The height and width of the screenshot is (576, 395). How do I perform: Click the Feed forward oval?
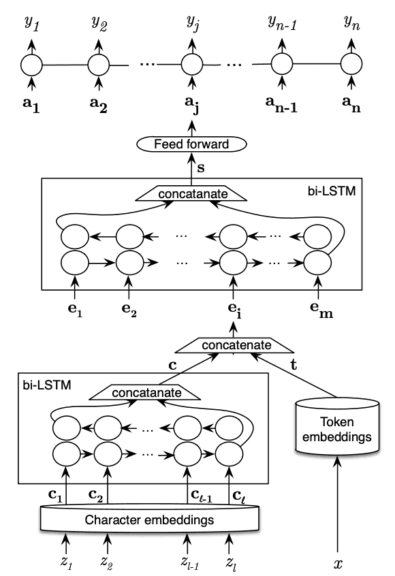point(191,144)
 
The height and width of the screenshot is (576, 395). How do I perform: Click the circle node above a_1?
point(31,65)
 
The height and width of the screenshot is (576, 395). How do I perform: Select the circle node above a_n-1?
point(281,65)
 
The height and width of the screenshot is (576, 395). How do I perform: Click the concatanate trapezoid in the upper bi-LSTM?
point(190,195)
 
